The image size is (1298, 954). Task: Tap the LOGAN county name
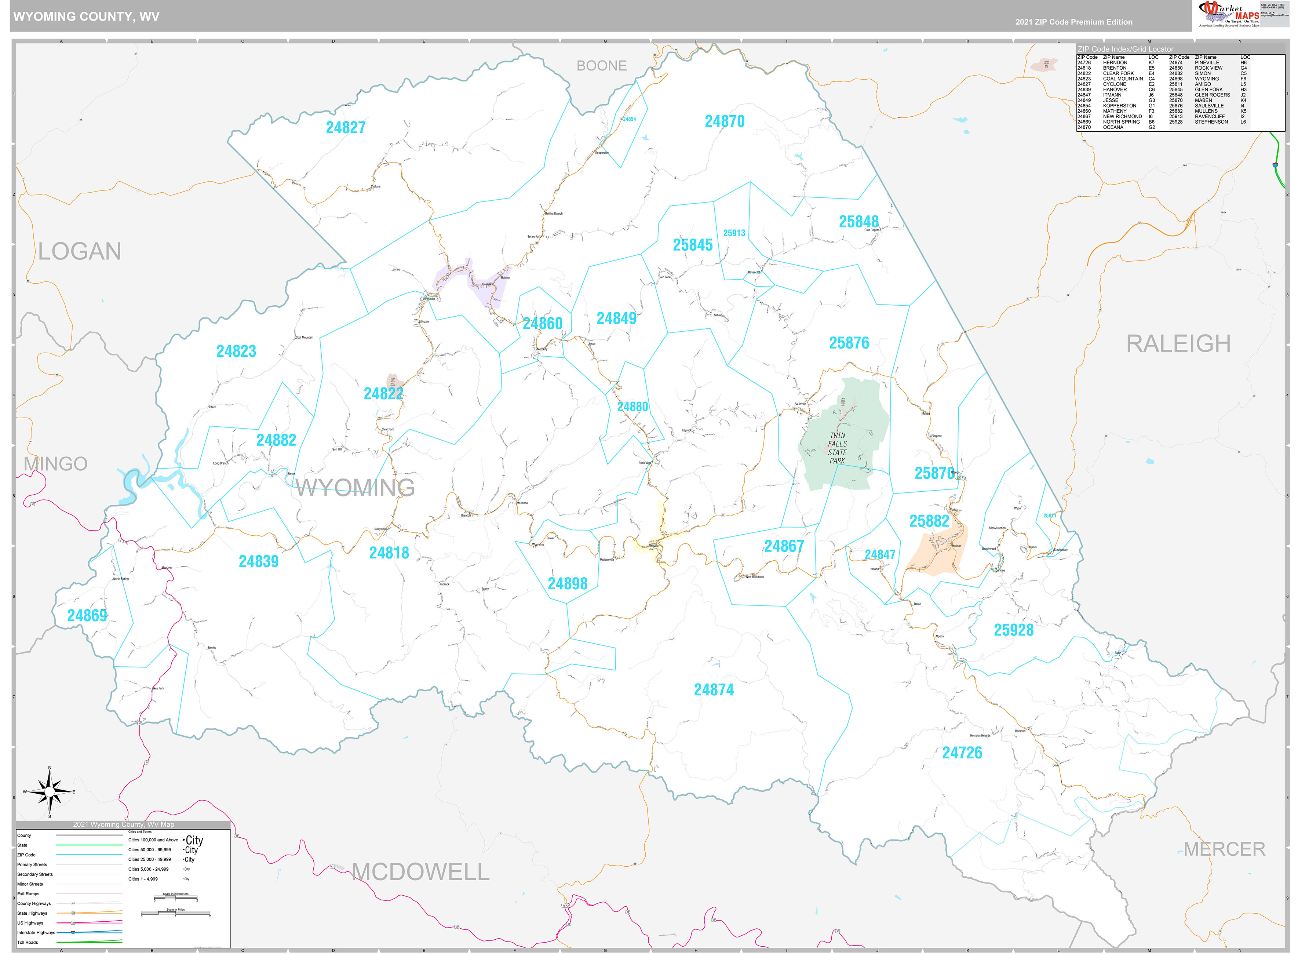click(x=80, y=252)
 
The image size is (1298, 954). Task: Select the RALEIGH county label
click(x=1178, y=343)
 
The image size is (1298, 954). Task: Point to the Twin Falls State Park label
click(x=837, y=448)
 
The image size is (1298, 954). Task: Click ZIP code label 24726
click(x=962, y=753)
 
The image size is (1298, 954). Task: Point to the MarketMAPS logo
click(x=1229, y=14)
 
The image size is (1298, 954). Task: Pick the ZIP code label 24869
click(x=87, y=616)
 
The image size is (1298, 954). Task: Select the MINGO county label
click(x=55, y=464)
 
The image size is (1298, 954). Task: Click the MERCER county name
click(x=1224, y=849)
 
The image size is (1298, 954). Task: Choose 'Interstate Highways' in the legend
click(x=36, y=933)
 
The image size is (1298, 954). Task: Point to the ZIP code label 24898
click(x=568, y=584)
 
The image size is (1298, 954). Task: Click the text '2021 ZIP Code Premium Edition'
click(x=1074, y=22)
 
